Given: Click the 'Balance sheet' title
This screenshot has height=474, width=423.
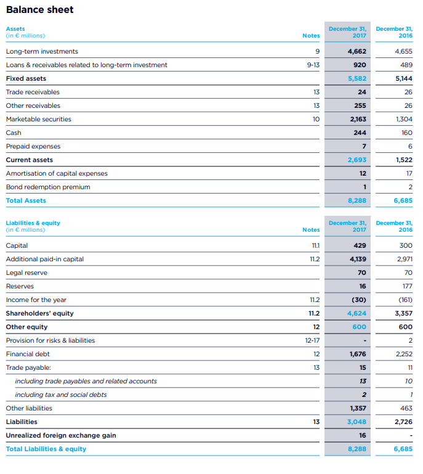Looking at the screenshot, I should click(x=39, y=10).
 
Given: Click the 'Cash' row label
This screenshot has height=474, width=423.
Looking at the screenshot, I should click(x=14, y=133).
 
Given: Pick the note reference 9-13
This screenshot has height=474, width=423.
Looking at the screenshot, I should click(x=313, y=65).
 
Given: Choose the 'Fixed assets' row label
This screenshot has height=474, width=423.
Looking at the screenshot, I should click(x=26, y=78).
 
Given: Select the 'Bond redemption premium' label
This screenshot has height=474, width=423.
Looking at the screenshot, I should click(x=48, y=187).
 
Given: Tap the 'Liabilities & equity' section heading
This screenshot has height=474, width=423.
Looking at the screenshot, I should click(x=33, y=223).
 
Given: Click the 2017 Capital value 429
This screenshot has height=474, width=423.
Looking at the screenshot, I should click(x=360, y=245).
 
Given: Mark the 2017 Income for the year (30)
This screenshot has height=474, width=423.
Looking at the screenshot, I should click(x=359, y=300).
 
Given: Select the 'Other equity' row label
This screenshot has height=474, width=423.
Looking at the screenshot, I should click(x=26, y=327).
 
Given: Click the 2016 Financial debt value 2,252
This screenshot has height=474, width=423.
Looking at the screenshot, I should click(x=403, y=354).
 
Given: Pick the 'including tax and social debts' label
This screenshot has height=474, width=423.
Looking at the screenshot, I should click(x=61, y=394).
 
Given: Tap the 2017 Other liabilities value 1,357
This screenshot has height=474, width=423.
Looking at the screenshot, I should click(x=358, y=408).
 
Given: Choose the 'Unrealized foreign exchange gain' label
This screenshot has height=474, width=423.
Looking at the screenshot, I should click(x=61, y=435).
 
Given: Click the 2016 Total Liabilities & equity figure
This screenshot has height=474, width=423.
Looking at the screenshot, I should click(x=403, y=449).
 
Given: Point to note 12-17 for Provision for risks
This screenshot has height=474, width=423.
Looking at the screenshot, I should click(x=312, y=340).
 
